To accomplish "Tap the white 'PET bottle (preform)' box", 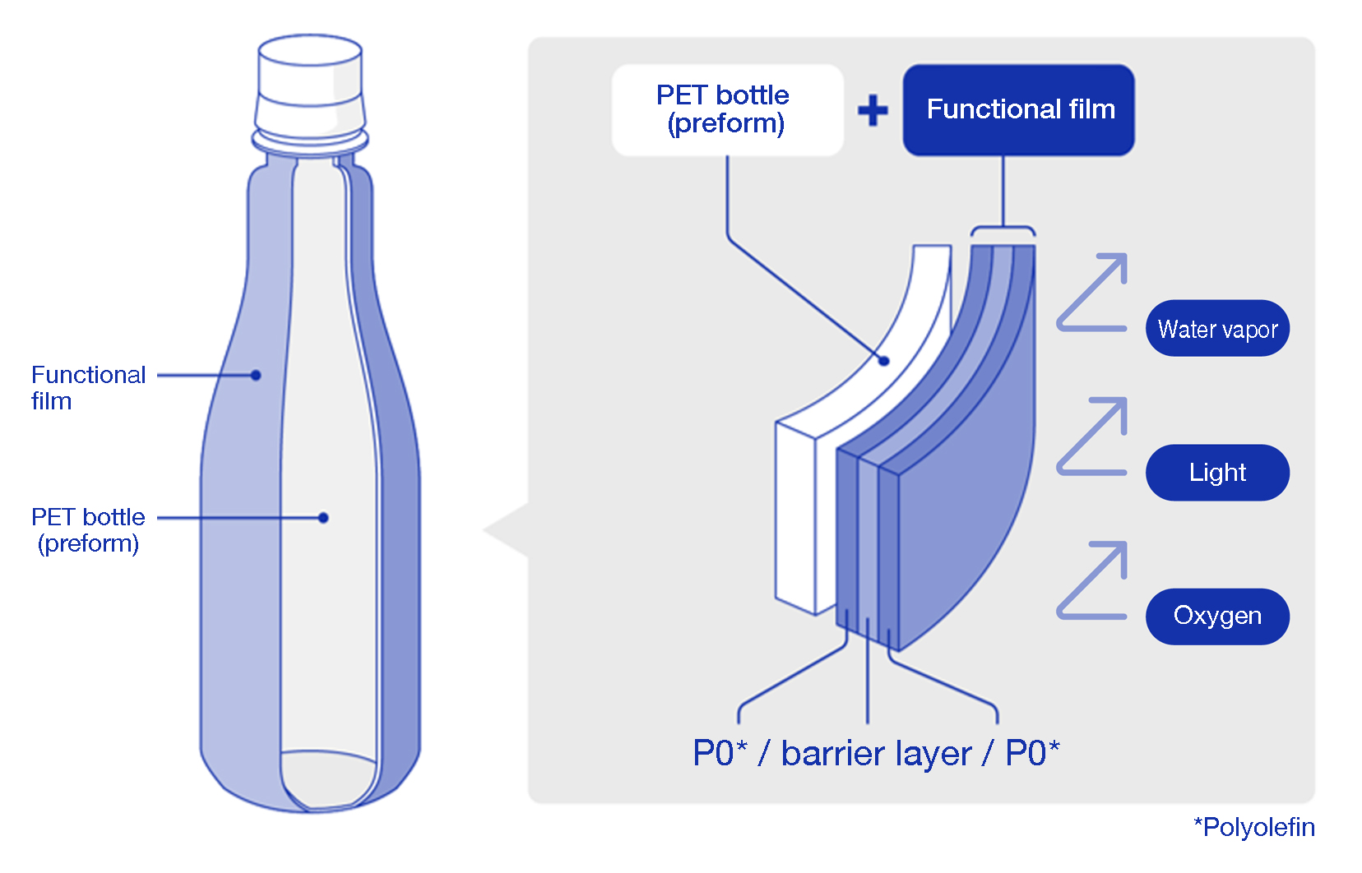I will [x=727, y=109].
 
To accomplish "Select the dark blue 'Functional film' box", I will [x=1018, y=109].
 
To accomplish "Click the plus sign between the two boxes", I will [x=873, y=110].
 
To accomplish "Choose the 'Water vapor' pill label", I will [x=1216, y=329].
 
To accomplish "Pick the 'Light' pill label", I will [x=1216, y=473].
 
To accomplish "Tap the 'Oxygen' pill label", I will [x=1216, y=616].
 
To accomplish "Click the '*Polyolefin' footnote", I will [x=1253, y=827].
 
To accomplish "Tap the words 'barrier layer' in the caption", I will [x=876, y=753].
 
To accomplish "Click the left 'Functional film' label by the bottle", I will [x=87, y=387].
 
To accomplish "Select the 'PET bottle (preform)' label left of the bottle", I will [x=87, y=530].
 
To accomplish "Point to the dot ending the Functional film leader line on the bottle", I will [x=256, y=375].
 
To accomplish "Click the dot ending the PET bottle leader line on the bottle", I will [x=323, y=518].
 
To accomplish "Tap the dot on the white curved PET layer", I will [x=884, y=360].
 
